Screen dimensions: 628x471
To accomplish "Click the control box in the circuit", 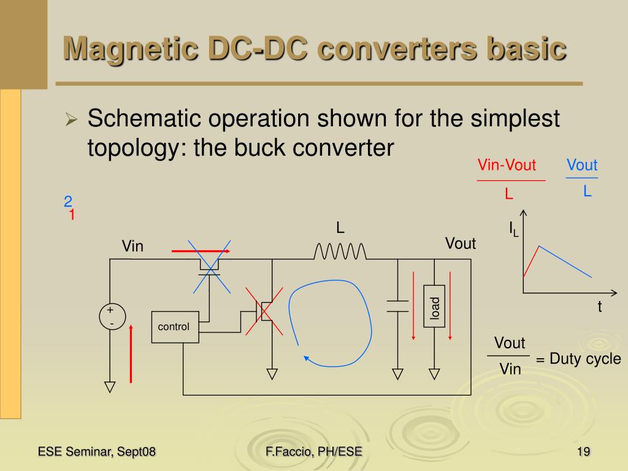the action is (175, 327).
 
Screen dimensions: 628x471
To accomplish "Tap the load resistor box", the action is (434, 306).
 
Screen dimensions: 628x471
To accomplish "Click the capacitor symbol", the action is (397, 306).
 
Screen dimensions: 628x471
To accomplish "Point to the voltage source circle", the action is (112, 316).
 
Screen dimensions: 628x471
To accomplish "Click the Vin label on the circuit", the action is (132, 247).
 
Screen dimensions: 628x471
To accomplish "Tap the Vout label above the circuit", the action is (461, 244).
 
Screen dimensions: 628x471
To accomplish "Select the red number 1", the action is (72, 215).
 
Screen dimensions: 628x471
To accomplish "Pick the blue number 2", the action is (68, 202).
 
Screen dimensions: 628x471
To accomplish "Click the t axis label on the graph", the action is (600, 308).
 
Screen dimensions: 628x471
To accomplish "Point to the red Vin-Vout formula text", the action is (507, 166).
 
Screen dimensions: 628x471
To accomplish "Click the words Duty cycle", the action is (585, 359).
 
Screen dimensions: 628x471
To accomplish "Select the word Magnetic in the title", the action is (123, 48).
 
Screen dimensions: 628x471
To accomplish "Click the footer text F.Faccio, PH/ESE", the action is (314, 452).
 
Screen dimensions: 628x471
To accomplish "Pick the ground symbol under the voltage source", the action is (110, 386).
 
